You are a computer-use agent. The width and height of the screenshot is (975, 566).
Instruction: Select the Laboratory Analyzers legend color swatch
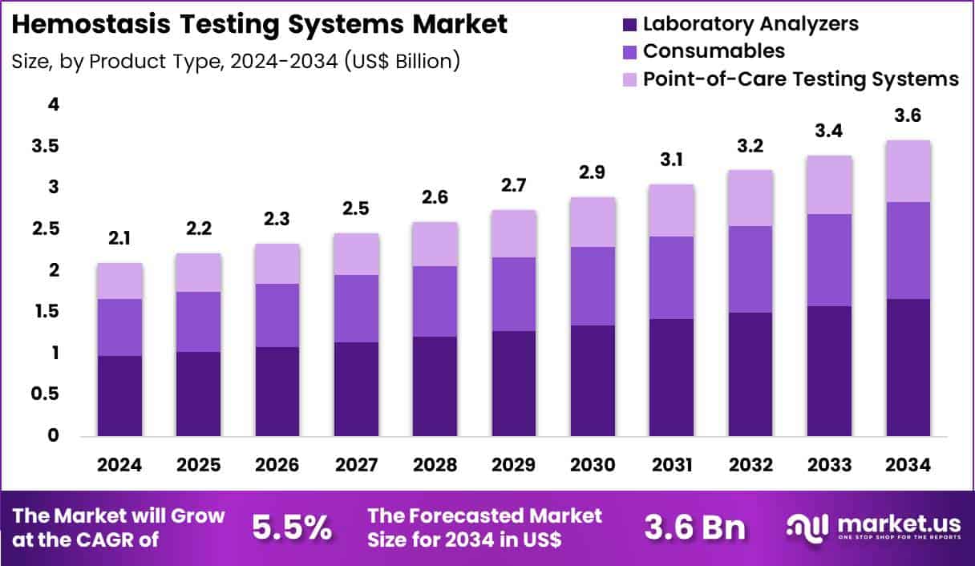tap(629, 24)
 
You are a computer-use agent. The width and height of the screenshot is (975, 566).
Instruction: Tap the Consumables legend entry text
tap(714, 51)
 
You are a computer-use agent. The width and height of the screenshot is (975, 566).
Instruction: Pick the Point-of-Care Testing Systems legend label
tap(801, 79)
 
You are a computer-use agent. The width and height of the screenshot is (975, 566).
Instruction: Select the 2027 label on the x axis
tap(356, 466)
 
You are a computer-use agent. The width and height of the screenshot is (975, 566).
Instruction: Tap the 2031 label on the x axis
tap(672, 466)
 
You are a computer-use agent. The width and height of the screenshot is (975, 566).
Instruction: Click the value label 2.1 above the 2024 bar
tap(119, 237)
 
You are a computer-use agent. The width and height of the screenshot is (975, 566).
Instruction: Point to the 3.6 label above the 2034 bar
tap(908, 115)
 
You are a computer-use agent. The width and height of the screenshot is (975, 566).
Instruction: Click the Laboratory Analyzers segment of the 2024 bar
tap(119, 396)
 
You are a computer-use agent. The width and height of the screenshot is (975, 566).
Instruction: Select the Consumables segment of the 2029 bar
tap(514, 294)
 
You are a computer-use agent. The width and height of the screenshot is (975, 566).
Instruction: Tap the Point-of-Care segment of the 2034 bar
tap(908, 171)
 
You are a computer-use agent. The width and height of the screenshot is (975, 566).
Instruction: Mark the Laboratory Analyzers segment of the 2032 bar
tap(750, 374)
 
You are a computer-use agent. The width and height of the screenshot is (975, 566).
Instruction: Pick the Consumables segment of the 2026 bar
tap(277, 315)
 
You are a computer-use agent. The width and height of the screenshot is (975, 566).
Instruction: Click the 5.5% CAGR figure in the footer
tap(292, 528)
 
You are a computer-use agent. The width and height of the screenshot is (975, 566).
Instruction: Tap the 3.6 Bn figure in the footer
tap(694, 528)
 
